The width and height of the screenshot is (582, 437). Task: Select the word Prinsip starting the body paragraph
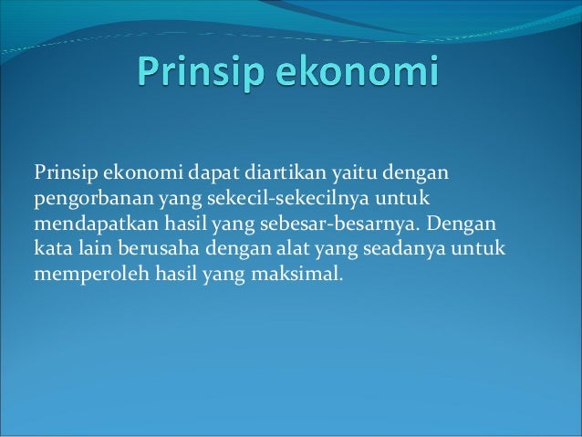click(66, 172)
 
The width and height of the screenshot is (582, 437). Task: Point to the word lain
click(94, 247)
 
